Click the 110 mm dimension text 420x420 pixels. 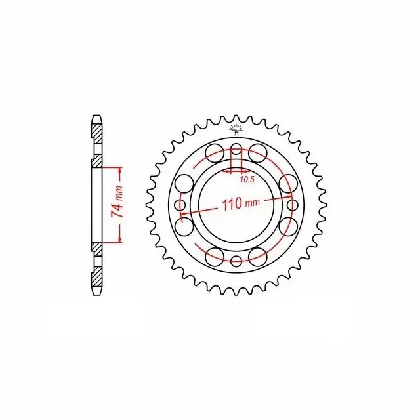click(x=241, y=204)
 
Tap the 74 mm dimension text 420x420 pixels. click(x=117, y=198)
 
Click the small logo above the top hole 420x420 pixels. click(x=236, y=129)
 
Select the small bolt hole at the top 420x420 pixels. click(x=236, y=149)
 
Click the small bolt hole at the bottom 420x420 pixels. click(x=236, y=261)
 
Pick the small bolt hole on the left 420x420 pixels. click(x=180, y=205)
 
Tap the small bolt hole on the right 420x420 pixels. click(x=292, y=205)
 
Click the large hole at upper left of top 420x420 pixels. click(x=215, y=153)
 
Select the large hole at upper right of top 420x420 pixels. click(x=258, y=153)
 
